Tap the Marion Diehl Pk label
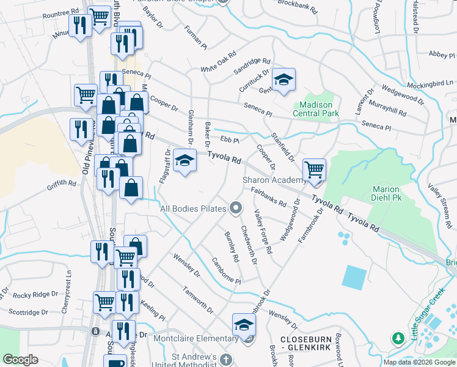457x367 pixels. tap(386, 193)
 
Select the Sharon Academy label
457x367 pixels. tap(274, 180)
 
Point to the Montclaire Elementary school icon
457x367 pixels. tap(243, 324)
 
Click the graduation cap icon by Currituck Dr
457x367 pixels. tap(283, 80)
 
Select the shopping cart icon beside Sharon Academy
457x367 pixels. tap(314, 169)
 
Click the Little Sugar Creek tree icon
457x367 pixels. tap(398, 338)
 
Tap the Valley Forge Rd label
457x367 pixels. tap(263, 224)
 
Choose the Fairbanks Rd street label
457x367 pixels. tap(269, 196)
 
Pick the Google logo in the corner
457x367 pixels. tap(20, 360)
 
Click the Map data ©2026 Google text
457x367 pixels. tap(419, 362)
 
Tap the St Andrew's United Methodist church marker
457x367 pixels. tap(226, 359)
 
